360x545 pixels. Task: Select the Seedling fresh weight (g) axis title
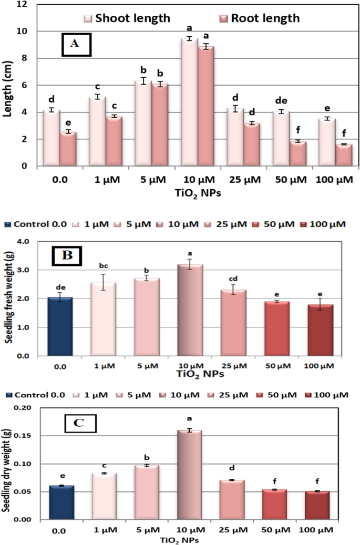9,298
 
